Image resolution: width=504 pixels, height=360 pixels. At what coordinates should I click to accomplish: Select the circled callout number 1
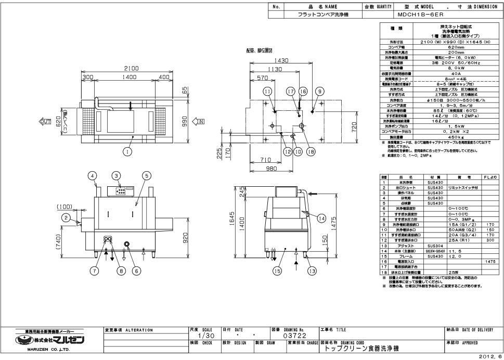pos(126,151)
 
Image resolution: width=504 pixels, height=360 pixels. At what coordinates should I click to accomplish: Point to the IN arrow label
pos(199,122)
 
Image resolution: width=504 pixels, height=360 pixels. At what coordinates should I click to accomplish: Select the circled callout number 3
pos(117,175)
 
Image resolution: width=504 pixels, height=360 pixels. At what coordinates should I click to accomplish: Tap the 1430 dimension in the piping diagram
pos(281,61)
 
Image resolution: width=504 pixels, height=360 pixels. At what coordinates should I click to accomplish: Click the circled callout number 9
pos(319,92)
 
